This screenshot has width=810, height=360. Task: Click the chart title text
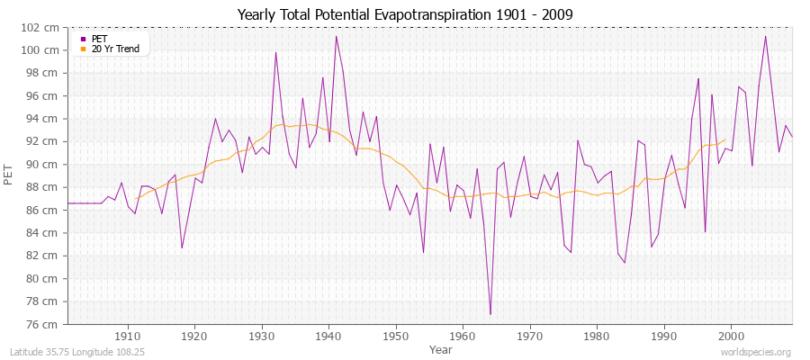point(405,14)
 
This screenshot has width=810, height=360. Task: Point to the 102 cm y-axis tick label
point(43,27)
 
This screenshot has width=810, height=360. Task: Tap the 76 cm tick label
point(46,324)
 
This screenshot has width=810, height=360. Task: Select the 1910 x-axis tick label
point(128,336)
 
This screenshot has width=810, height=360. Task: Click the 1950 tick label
point(396,336)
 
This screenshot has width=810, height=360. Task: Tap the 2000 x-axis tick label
point(731,336)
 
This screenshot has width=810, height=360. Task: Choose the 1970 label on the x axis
point(530,336)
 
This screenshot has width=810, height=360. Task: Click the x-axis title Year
point(441,348)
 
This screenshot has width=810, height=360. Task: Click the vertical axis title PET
point(10,175)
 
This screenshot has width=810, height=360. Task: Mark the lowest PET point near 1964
point(490,314)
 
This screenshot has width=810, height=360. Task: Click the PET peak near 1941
point(336,36)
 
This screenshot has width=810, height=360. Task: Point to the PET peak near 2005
point(765,36)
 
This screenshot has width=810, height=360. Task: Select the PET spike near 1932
point(275,52)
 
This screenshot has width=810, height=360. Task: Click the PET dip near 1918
point(182,248)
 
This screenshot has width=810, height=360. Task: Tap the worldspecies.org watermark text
point(757,352)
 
